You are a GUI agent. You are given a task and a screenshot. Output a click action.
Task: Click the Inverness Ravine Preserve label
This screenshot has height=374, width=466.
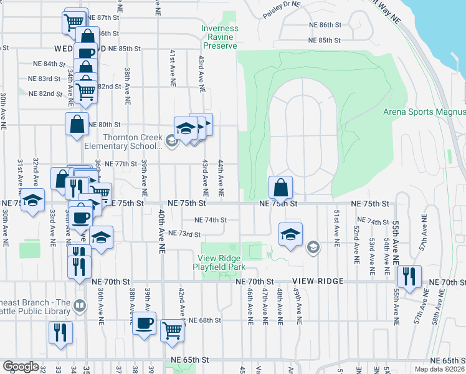pyautogui.click(x=219, y=37)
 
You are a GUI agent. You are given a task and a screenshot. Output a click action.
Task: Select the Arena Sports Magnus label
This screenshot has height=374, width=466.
pyautogui.click(x=424, y=112)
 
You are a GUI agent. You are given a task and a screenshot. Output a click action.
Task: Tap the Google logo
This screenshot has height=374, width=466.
pyautogui.click(x=21, y=367)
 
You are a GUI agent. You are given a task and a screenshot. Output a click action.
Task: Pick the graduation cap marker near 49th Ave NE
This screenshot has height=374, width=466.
pyautogui.click(x=290, y=234)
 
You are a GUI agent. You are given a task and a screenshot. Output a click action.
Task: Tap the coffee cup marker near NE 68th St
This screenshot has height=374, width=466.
pyautogui.click(x=145, y=323)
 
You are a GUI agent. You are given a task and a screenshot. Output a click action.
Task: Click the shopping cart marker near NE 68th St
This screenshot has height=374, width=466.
pyautogui.click(x=173, y=330)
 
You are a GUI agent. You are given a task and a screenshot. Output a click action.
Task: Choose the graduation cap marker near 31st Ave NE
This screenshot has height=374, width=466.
pyautogui.click(x=33, y=201)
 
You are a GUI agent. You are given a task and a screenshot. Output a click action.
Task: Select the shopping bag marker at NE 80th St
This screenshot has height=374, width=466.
pyautogui.click(x=77, y=123)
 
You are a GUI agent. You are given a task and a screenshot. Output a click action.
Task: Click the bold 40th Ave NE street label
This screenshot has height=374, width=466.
pyautogui.click(x=161, y=231)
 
